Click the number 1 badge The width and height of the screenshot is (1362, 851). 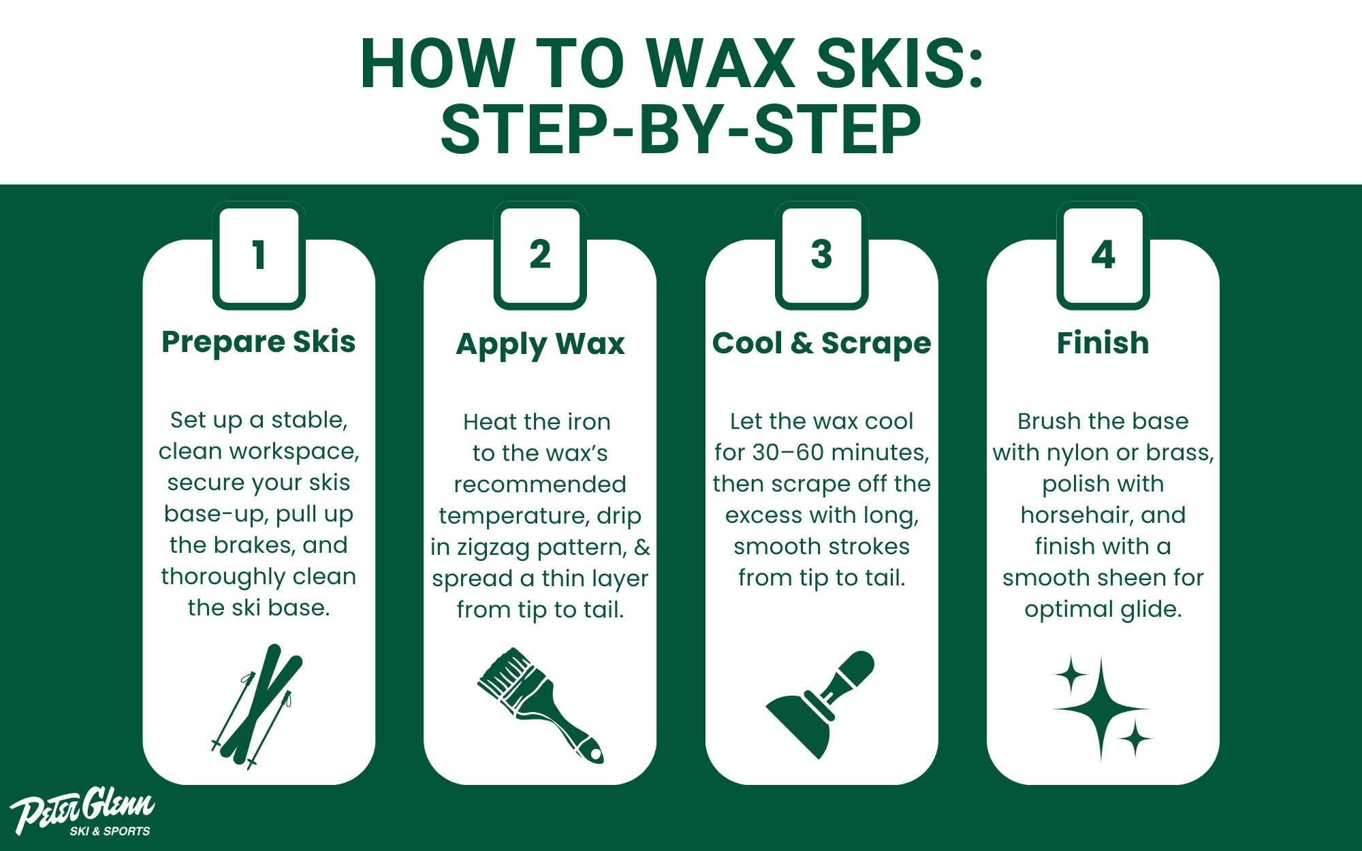(259, 256)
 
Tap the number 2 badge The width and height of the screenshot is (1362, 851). (540, 256)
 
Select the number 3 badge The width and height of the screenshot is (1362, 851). (821, 256)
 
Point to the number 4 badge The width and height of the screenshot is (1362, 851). (1103, 256)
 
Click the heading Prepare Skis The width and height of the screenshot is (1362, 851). (259, 342)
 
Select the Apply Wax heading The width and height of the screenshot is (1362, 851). (540, 344)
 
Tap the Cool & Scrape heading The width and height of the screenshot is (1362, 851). (821, 343)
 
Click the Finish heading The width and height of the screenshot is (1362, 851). (1103, 342)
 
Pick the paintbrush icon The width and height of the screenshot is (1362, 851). (540, 705)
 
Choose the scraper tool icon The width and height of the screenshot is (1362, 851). (821, 705)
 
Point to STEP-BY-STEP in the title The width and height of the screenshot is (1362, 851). (680, 129)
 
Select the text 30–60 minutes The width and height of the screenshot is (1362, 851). (841, 453)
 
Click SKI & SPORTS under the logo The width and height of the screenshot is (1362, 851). (110, 831)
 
